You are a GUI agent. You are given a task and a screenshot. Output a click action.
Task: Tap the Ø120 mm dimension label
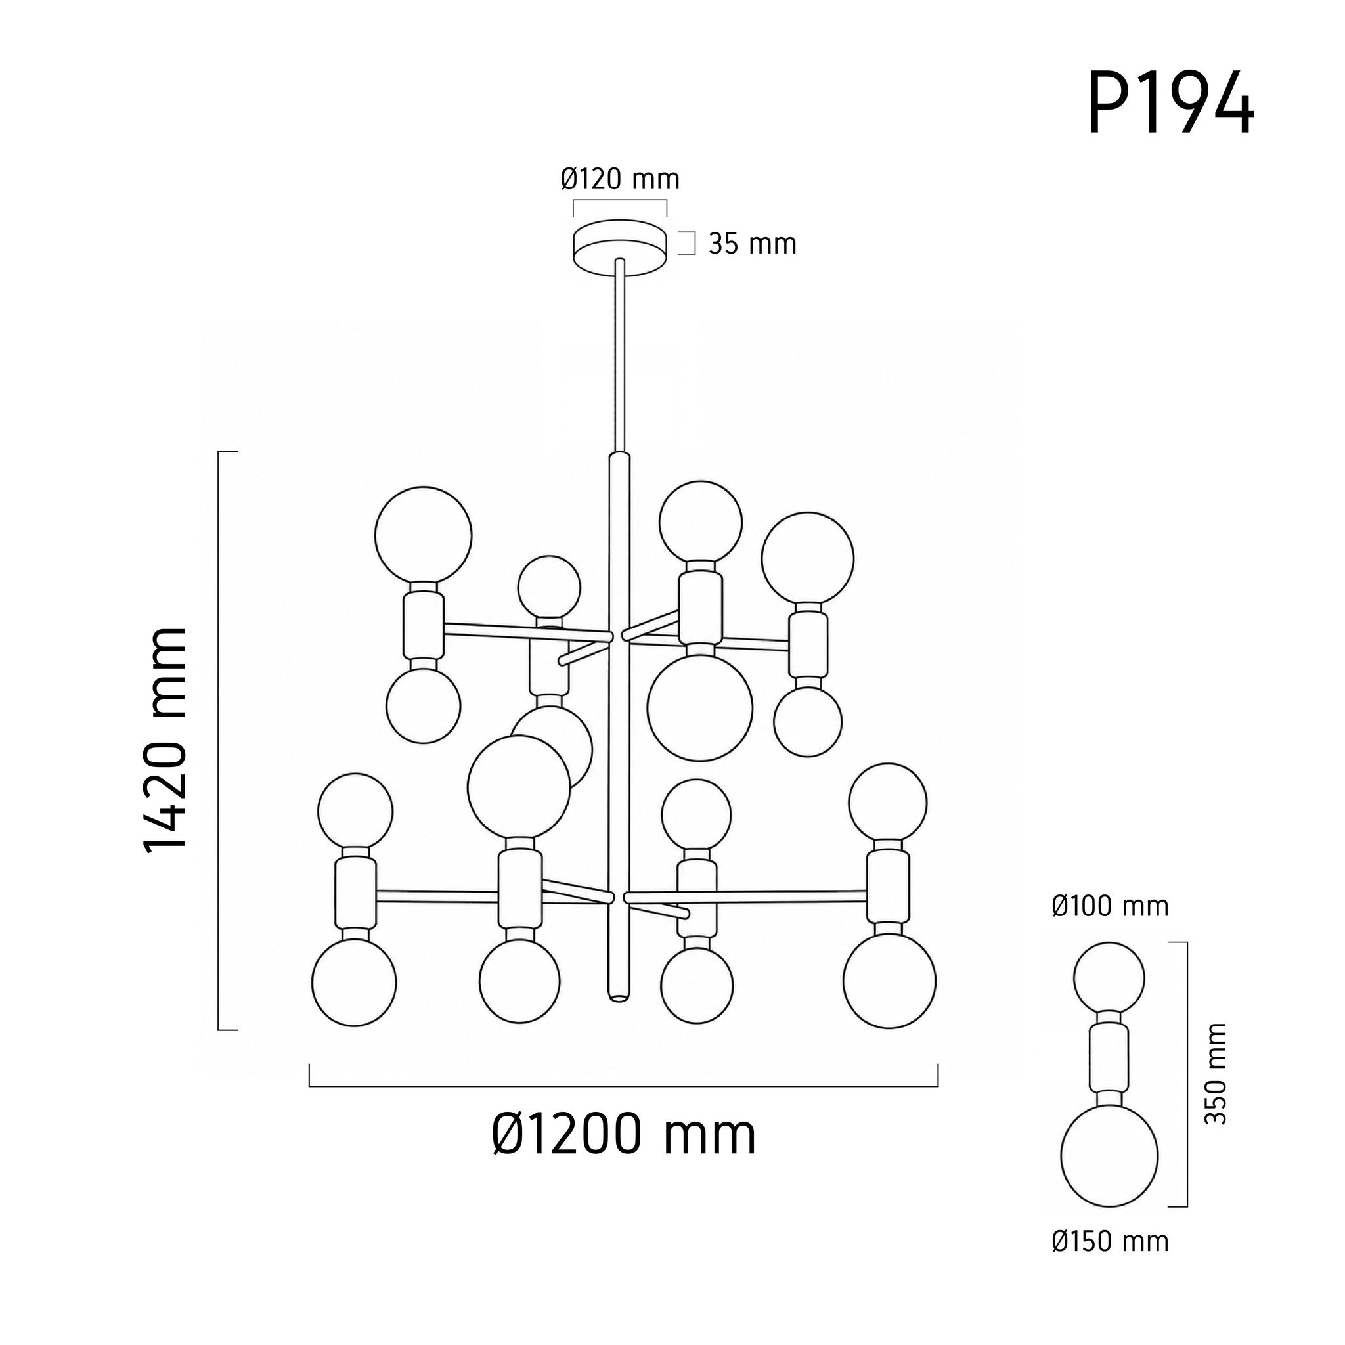click(619, 179)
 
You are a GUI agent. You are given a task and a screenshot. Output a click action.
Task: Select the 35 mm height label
click(753, 244)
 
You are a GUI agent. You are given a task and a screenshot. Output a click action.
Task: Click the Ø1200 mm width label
click(624, 1136)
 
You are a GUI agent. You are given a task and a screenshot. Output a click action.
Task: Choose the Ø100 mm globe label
click(1111, 906)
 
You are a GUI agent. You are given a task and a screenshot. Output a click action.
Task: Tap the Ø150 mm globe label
click(1111, 1261)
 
